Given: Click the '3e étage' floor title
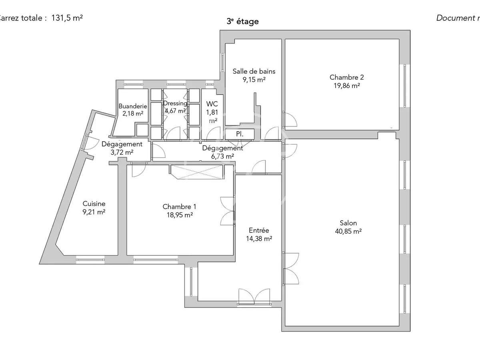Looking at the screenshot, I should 242,22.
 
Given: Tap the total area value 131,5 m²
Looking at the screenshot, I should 67,18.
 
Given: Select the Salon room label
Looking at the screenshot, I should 348,223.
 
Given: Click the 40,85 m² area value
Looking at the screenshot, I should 348,231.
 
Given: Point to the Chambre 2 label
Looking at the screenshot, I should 346,77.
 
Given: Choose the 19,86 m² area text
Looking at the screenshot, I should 346,85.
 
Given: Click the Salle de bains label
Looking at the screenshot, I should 254,72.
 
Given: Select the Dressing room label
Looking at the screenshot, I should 175,103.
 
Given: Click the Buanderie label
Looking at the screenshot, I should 133,106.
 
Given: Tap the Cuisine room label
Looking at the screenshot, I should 94,204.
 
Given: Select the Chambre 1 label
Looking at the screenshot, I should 179,207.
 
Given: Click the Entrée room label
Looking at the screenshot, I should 259,230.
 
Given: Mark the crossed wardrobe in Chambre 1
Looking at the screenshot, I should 196,172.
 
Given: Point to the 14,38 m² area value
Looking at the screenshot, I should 259,238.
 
